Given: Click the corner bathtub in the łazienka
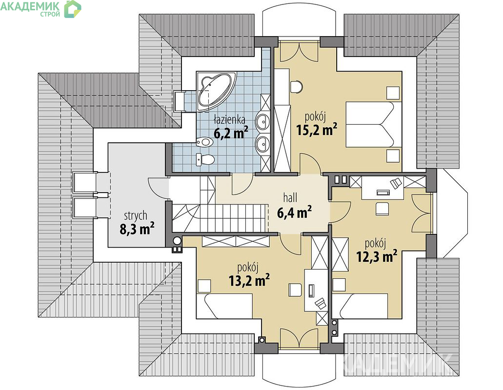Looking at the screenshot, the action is pyautogui.click(x=216, y=91).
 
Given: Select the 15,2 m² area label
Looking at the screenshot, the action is pyautogui.click(x=317, y=130).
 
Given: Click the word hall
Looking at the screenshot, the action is pyautogui.click(x=290, y=197).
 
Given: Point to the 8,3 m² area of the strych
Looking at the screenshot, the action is pyautogui.click(x=137, y=229).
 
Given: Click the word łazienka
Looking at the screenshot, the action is pyautogui.click(x=230, y=119).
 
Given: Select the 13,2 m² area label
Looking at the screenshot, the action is pyautogui.click(x=249, y=281).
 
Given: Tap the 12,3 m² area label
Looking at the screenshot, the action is pyautogui.click(x=377, y=256).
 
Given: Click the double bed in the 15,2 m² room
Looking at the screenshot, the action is pyautogui.click(x=374, y=125).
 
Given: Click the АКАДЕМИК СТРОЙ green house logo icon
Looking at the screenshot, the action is pyautogui.click(x=73, y=9).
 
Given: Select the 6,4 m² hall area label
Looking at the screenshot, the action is pyautogui.click(x=294, y=212).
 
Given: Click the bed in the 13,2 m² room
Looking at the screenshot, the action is pyautogui.click(x=224, y=306).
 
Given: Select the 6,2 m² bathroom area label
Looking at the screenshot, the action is pyautogui.click(x=231, y=133).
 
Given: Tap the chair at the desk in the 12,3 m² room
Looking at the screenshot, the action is pyautogui.click(x=382, y=208).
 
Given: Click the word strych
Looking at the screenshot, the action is pyautogui.click(x=136, y=216).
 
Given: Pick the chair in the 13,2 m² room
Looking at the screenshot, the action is pyautogui.click(x=296, y=290).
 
